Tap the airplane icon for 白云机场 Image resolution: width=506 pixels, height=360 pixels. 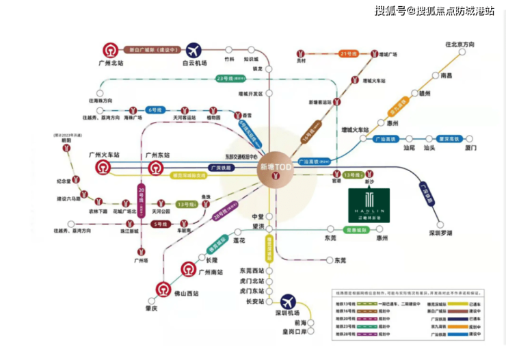coord(194,50)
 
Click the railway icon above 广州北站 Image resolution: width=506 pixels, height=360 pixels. coord(109,50)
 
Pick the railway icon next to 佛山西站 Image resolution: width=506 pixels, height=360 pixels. coord(163,290)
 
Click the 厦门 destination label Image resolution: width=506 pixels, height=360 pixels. coord(470,148)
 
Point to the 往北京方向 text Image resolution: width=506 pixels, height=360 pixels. coord(460,44)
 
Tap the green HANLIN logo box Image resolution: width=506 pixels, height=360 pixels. coord(369,205)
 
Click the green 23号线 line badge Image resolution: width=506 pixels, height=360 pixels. coord(225,78)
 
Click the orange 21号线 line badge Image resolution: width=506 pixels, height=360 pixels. coord(348,53)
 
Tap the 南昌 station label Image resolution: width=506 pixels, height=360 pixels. coord(446,75)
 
